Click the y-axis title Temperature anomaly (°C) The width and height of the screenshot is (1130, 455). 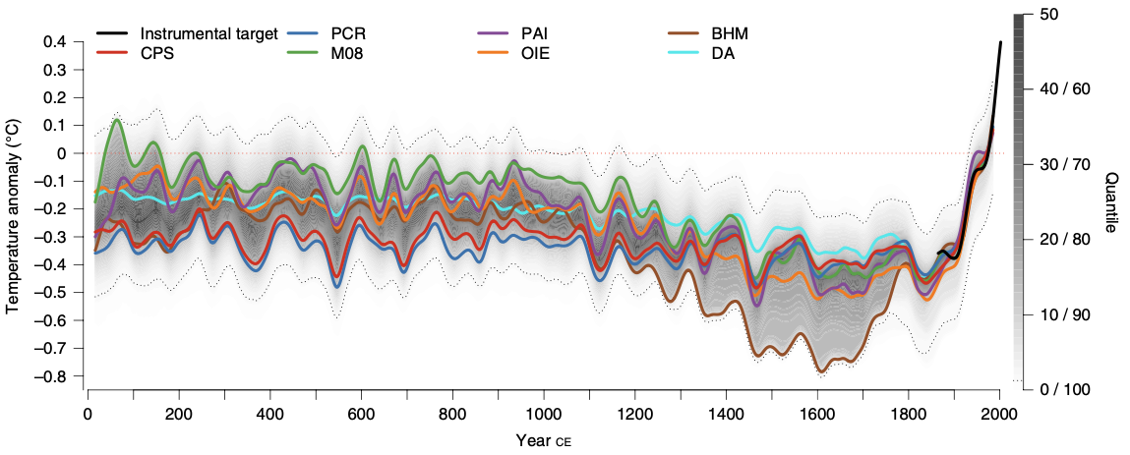click(13, 216)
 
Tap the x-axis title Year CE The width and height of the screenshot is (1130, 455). click(543, 440)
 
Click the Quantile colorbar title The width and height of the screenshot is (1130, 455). click(1110, 201)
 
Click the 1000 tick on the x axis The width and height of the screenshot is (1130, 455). click(544, 413)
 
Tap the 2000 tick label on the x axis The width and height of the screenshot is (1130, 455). click(999, 413)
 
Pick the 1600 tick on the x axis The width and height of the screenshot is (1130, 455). click(817, 413)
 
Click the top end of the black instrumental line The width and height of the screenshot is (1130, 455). click(1001, 42)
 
